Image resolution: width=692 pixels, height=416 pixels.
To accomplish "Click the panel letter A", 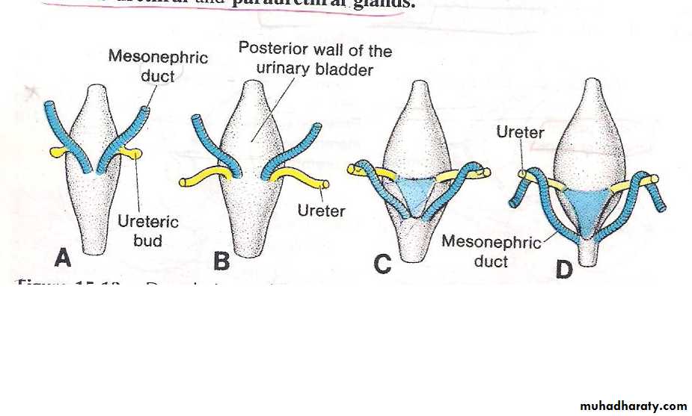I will [63, 258].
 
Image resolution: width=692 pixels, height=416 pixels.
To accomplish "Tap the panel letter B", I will [221, 261].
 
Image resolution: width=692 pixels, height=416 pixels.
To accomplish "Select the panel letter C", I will [382, 264].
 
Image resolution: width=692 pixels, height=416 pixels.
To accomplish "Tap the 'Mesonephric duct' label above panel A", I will [158, 66].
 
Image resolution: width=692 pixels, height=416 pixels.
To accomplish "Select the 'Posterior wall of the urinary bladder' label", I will [315, 60].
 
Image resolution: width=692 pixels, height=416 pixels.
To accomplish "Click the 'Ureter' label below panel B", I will [321, 211].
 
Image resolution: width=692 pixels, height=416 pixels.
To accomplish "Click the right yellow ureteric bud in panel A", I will [132, 154].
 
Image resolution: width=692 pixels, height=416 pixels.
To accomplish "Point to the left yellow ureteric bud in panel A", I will [58, 152].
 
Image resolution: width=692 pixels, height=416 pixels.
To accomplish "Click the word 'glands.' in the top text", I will [382, 4].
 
